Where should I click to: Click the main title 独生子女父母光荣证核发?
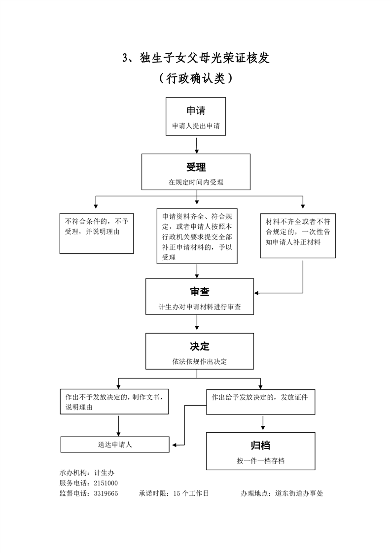coord(196,58)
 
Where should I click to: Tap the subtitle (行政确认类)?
coord(196,78)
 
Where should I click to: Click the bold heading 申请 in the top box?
coord(196,110)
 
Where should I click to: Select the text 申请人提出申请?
coord(196,126)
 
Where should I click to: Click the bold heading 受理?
coord(196,167)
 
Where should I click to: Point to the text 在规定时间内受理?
coord(196,182)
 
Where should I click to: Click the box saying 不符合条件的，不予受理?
coord(96,233)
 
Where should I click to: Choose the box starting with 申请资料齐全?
coord(197,236)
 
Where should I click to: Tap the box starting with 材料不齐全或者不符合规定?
coord(298,235)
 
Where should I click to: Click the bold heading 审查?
coord(200,291)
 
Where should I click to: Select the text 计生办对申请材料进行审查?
coord(200,307)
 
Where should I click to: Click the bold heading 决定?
coord(200,346)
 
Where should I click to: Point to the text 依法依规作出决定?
coord(200,361)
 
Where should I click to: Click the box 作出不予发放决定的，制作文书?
coord(114,402)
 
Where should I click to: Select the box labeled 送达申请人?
coord(115,444)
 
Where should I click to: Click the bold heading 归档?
coord(260,445)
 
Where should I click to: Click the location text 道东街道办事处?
coord(299,493)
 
